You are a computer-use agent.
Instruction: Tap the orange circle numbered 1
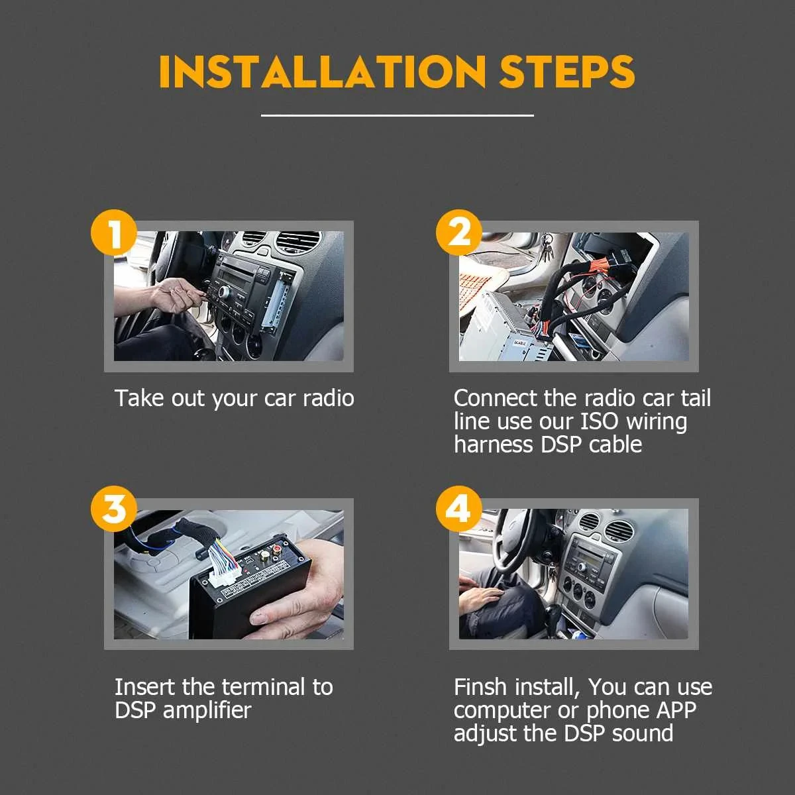point(114,233)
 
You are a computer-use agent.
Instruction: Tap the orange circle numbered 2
point(458,233)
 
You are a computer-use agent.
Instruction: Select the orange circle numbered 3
point(114,509)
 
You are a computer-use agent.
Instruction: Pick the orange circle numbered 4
point(458,509)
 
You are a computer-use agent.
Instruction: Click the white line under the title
point(397,115)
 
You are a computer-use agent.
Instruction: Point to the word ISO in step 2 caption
point(600,421)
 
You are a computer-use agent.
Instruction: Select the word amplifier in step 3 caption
point(207,710)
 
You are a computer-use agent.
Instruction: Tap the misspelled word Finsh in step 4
point(480,687)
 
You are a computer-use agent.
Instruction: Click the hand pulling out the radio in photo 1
point(176,295)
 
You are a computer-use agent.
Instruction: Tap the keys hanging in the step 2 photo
point(547,246)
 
